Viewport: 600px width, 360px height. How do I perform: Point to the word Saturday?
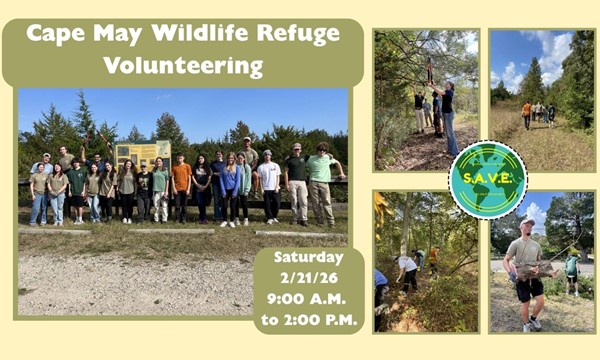tap(308, 258)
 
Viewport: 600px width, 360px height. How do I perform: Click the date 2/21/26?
tap(308, 277)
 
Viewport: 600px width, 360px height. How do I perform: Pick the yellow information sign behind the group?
tap(142, 154)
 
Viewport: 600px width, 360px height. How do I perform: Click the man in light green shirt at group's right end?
tap(321, 184)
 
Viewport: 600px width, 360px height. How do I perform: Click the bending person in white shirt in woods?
tap(408, 269)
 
